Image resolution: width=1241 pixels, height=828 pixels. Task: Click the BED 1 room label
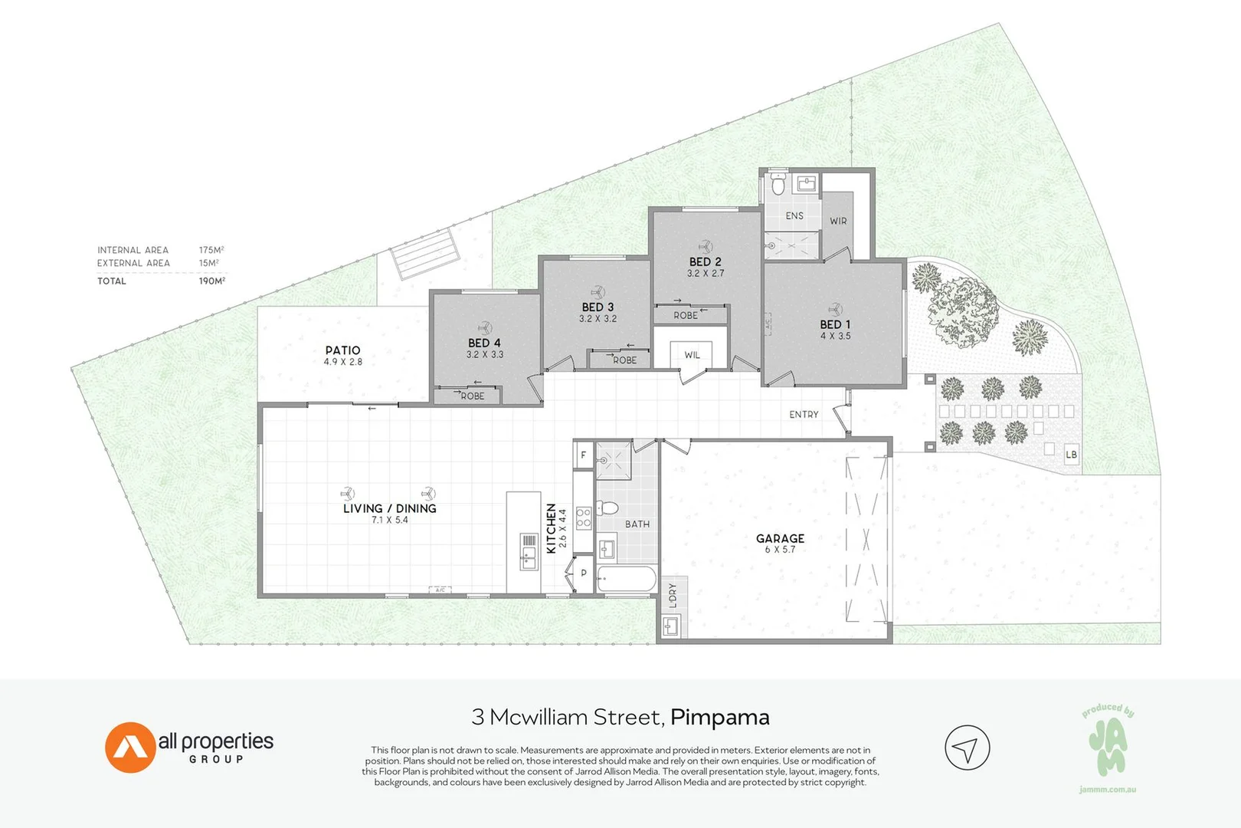pyautogui.click(x=835, y=324)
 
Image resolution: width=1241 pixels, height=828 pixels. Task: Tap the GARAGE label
pyautogui.click(x=780, y=538)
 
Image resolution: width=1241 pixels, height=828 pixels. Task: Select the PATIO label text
pyautogui.click(x=343, y=350)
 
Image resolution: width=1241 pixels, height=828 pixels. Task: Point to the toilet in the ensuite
pyautogui.click(x=778, y=183)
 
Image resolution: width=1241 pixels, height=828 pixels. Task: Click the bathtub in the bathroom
pyautogui.click(x=627, y=579)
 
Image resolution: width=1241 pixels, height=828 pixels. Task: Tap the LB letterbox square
pyautogui.click(x=1072, y=454)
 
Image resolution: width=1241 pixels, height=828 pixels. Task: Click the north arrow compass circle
pyautogui.click(x=968, y=747)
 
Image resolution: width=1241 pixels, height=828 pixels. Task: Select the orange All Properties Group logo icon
pyautogui.click(x=130, y=747)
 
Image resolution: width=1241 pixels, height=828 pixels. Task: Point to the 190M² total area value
pyautogui.click(x=212, y=281)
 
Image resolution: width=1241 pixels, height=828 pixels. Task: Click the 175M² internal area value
pyautogui.click(x=211, y=250)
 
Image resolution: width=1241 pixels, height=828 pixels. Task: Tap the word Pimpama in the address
pyautogui.click(x=719, y=718)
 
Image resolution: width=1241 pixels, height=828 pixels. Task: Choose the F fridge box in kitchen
pyautogui.click(x=584, y=455)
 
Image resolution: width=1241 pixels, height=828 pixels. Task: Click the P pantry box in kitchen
pyautogui.click(x=584, y=573)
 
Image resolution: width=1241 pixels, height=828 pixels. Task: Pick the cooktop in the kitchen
pyautogui.click(x=584, y=518)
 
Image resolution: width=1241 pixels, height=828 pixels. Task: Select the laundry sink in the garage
pyautogui.click(x=672, y=626)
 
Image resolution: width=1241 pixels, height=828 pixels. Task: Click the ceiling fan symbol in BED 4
pyautogui.click(x=485, y=328)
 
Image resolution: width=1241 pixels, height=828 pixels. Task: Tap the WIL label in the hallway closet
pyautogui.click(x=692, y=355)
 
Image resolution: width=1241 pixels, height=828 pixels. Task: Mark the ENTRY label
pyautogui.click(x=804, y=414)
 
